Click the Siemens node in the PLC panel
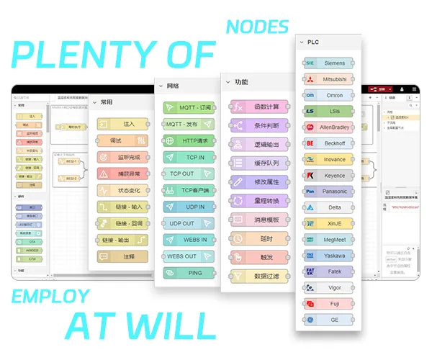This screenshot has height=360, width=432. (328, 63)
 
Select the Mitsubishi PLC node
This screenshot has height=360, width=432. (328, 78)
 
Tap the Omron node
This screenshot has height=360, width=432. (328, 95)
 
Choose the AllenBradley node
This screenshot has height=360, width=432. (328, 127)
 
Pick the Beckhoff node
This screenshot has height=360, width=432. (328, 143)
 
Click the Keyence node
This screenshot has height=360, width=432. (328, 176)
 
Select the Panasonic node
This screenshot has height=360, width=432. (328, 192)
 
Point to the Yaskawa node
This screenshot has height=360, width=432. (328, 255)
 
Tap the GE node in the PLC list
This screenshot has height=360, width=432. (328, 320)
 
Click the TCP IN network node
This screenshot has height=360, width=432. (189, 157)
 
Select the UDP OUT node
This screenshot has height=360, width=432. (189, 223)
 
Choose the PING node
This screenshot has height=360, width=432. (189, 273)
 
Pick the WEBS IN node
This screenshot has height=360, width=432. (189, 240)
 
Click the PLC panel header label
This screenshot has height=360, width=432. (313, 42)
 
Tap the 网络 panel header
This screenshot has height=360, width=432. (173, 86)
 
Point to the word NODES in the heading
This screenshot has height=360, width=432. (257, 27)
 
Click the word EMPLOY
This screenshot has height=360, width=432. (50, 296)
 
